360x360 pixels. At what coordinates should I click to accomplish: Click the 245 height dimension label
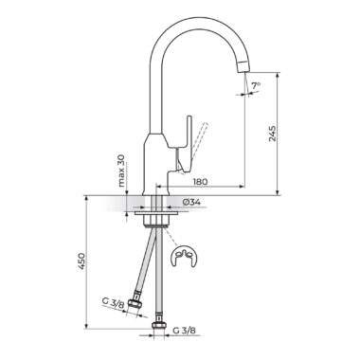pos(273,134)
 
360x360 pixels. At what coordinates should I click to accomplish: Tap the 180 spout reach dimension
pos(200,182)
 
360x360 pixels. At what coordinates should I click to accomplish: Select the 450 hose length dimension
pos(81,261)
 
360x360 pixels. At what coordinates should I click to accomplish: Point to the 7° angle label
pos(256,85)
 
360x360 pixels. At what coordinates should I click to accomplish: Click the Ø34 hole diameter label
pos(191,203)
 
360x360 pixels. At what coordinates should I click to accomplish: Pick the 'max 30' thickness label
pos(121,171)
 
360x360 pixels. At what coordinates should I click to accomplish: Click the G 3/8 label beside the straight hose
pos(184,331)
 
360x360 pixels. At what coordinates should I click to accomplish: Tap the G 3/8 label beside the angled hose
pos(113,302)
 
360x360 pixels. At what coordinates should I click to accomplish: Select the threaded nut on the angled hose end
pos(135,305)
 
